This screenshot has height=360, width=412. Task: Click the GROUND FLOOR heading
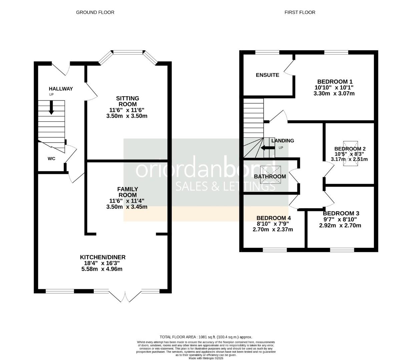coord(95,12)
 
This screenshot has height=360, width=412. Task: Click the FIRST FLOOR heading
coord(300,12)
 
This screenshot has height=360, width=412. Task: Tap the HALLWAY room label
coord(61,89)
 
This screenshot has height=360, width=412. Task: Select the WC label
coord(51,159)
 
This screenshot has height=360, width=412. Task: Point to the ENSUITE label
coord(267,75)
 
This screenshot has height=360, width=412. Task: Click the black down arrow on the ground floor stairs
coord(51,108)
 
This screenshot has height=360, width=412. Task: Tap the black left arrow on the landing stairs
coord(267,148)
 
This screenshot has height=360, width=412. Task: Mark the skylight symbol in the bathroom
coord(270,174)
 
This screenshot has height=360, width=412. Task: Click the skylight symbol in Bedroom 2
coord(350,153)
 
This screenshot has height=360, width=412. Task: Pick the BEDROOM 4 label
coord(273,218)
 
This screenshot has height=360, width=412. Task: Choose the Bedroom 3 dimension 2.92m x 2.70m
coord(340,225)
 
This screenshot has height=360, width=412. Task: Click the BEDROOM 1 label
coord(335,82)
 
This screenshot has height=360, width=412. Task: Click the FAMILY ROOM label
coord(127,192)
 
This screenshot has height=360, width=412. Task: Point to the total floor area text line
coord(206,337)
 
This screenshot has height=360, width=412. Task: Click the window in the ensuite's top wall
coord(267,52)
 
